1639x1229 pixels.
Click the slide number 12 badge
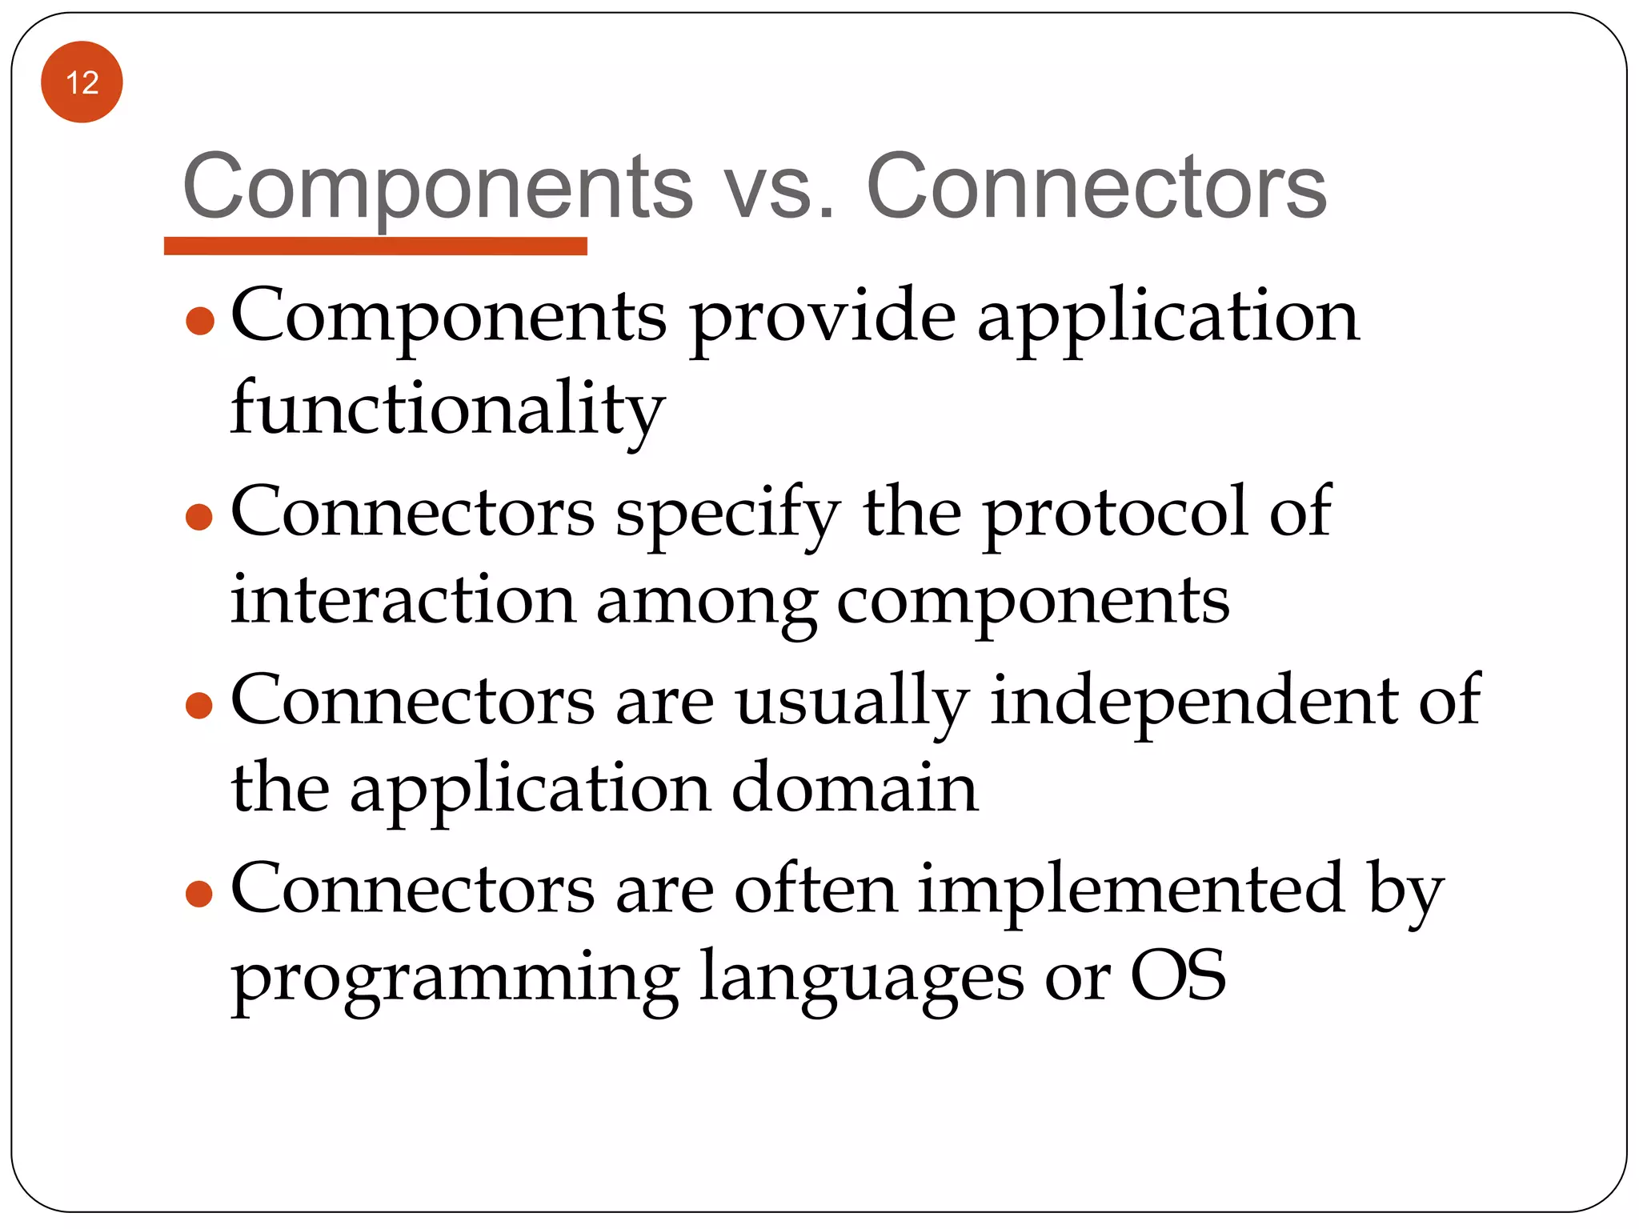coord(82,82)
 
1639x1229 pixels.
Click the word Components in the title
coord(437,187)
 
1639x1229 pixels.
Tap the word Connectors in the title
coord(1096,187)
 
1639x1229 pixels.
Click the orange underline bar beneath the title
coord(375,246)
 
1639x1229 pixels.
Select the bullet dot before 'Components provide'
coord(199,322)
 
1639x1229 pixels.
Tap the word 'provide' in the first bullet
coord(823,317)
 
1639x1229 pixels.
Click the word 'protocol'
coord(1115,513)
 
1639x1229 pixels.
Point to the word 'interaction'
coord(403,600)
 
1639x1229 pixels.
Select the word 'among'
coord(706,604)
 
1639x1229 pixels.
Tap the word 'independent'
coord(1194,700)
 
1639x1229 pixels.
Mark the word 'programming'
coord(455,979)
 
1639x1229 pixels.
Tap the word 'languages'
coord(861,979)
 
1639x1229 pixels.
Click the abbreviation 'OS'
coord(1177,975)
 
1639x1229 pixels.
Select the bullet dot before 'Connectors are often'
coord(199,893)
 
